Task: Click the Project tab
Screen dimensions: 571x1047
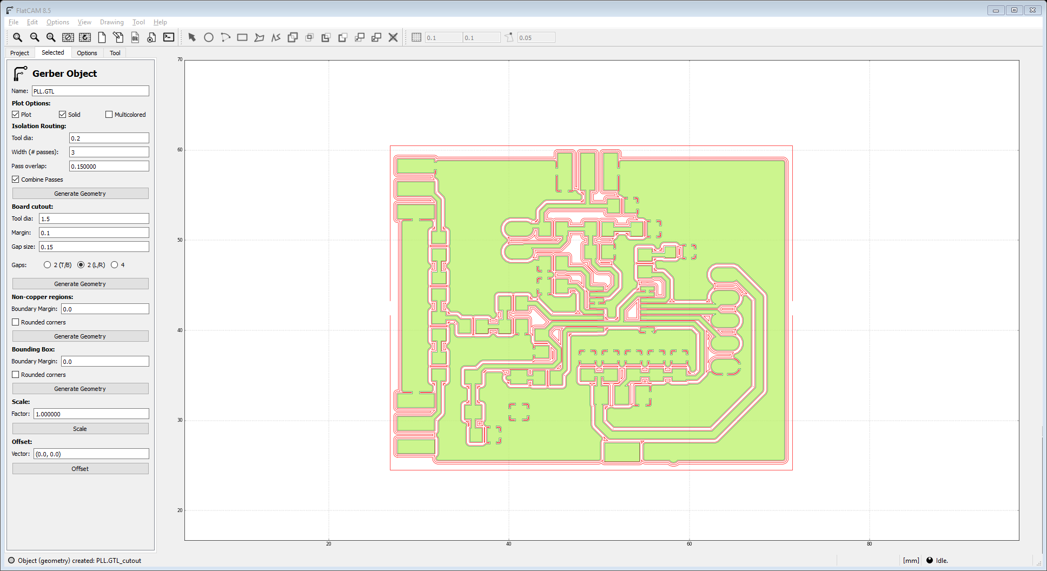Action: (19, 53)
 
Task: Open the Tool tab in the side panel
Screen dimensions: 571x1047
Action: (115, 53)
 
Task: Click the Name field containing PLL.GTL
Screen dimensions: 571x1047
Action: (90, 91)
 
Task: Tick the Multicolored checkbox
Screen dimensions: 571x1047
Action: (109, 115)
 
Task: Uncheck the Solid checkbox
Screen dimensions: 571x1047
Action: (63, 115)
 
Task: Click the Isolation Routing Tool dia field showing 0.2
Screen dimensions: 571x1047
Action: (109, 138)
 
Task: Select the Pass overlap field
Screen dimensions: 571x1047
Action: (109, 167)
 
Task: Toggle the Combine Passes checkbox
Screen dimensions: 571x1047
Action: (16, 180)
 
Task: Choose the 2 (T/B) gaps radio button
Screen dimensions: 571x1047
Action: (48, 265)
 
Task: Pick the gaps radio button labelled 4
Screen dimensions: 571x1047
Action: (115, 265)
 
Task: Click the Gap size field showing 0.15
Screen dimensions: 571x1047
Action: (94, 247)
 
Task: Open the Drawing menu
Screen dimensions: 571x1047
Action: (111, 22)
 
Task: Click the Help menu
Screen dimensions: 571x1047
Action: (160, 22)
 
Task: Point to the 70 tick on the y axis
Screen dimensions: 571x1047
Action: (180, 59)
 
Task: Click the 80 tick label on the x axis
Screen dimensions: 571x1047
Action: (869, 544)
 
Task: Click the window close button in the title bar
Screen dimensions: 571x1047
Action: (1032, 10)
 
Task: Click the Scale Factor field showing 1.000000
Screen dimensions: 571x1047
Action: (91, 414)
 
